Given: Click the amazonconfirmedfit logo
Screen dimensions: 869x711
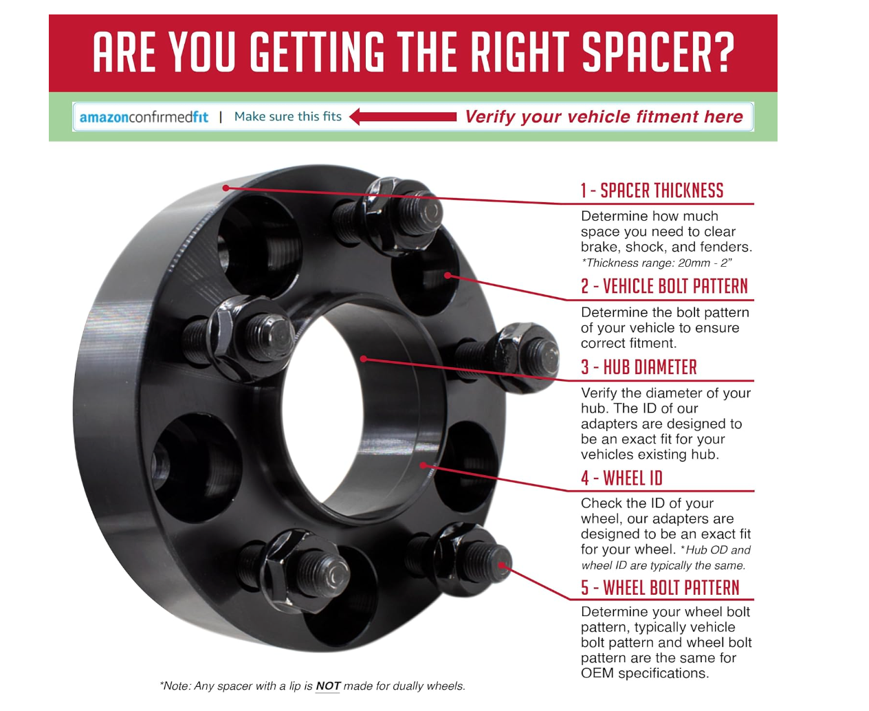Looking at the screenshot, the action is (x=144, y=117).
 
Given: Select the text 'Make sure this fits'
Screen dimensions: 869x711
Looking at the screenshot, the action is (x=287, y=117).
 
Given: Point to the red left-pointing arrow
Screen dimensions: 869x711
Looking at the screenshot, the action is (x=403, y=117).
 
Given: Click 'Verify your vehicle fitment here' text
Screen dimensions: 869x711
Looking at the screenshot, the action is (x=604, y=117).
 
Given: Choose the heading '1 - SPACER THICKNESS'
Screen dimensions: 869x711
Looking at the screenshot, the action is (x=652, y=190).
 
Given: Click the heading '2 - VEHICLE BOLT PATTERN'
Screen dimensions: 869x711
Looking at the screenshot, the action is (x=664, y=286).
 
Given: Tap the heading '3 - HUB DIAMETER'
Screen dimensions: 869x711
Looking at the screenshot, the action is (x=639, y=367).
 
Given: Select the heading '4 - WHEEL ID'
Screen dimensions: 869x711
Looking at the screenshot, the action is (x=621, y=478).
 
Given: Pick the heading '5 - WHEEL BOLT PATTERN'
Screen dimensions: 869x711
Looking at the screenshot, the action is (x=660, y=587).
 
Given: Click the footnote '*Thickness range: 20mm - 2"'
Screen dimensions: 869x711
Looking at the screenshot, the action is (x=656, y=263).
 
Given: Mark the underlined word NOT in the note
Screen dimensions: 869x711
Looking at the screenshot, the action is (x=327, y=686).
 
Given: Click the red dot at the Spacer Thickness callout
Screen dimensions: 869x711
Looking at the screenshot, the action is (x=225, y=188).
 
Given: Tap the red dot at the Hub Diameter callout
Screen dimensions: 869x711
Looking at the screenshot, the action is (x=363, y=359).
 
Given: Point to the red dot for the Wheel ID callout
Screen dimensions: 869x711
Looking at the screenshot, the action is (x=423, y=466).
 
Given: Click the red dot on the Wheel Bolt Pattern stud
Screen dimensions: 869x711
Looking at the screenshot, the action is (x=501, y=565).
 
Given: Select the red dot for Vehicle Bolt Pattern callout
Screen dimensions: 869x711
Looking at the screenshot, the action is (x=448, y=275).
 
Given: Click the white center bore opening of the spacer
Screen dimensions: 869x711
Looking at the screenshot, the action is (x=321, y=412).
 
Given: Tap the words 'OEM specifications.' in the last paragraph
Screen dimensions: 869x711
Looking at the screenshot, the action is (x=645, y=673).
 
